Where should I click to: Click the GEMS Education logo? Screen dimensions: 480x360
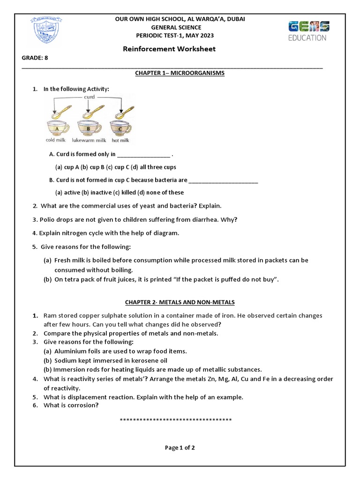click(307, 30)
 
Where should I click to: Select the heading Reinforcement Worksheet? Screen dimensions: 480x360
click(169, 49)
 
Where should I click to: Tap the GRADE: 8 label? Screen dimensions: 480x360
click(35, 58)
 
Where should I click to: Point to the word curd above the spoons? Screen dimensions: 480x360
click(89, 97)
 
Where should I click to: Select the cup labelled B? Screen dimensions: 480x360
click(88, 128)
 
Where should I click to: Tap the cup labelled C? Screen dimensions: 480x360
click(120, 128)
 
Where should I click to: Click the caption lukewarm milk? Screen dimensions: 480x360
click(89, 140)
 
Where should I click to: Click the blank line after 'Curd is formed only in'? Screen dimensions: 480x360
click(143, 155)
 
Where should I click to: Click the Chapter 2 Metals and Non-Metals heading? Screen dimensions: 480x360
click(180, 302)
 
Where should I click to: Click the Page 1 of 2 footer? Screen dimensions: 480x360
click(180, 448)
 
